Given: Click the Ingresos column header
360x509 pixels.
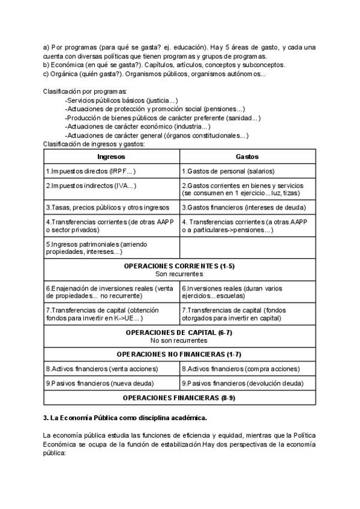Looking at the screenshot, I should coord(111,156).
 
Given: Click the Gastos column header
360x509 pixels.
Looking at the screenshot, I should coord(247,156).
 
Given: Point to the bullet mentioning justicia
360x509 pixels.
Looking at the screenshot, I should coord(122,100).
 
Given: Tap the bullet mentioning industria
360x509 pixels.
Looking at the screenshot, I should coord(139,127).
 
